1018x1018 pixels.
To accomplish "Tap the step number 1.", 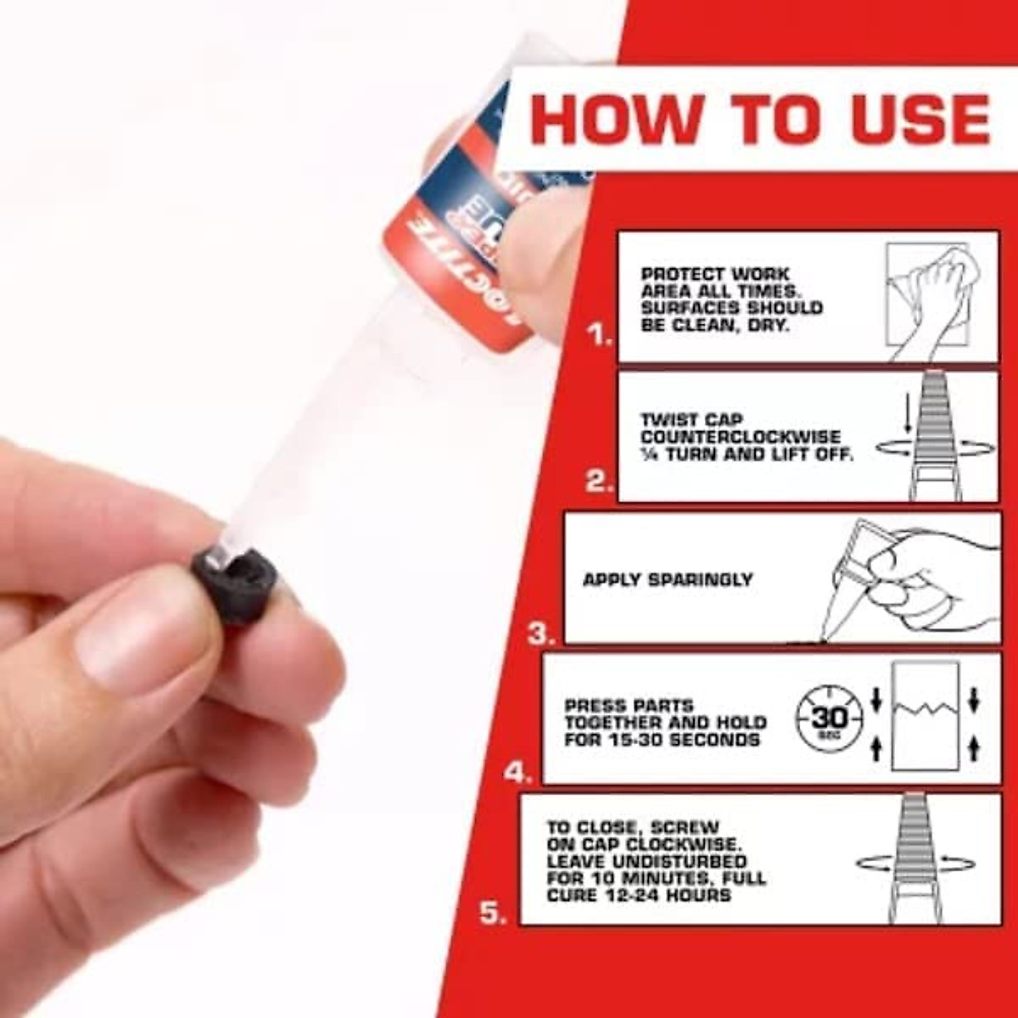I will [x=601, y=336].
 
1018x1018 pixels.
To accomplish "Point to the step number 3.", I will [x=541, y=634].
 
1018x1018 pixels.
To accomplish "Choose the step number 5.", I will [x=494, y=914].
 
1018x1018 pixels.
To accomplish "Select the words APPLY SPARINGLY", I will [x=668, y=580].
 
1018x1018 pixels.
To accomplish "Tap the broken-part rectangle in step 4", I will [x=925, y=717].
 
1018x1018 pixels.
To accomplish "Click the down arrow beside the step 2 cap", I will [x=907, y=416].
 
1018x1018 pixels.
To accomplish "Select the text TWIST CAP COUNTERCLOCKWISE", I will [x=740, y=428].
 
